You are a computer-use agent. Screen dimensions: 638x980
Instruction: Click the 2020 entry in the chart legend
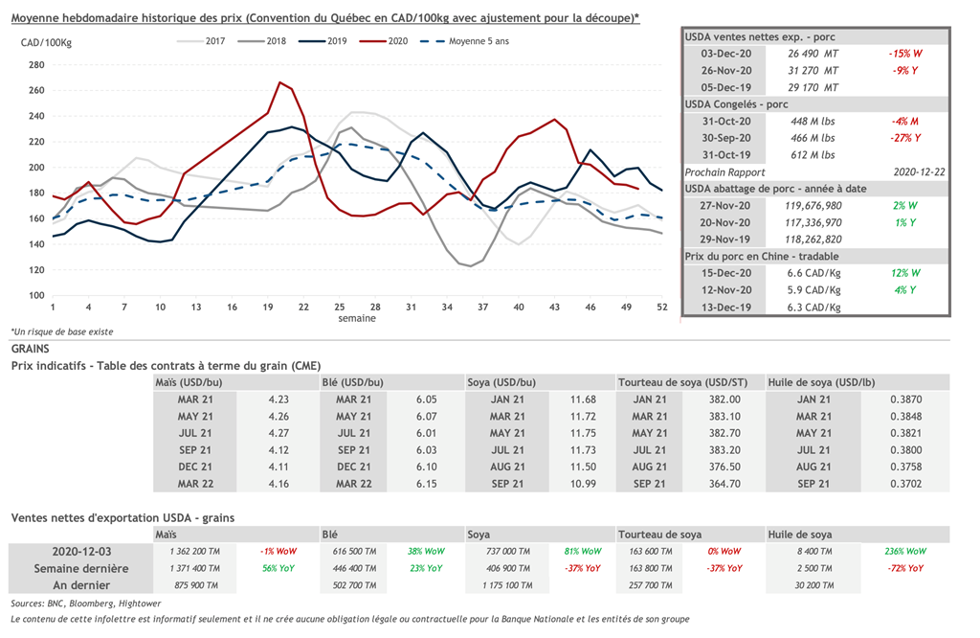tap(398, 41)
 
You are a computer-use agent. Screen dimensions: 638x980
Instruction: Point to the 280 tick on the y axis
tap(36, 65)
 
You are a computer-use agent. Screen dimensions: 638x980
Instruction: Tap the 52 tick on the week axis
tap(661, 307)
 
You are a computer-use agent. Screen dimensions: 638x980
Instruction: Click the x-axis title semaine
tap(356, 318)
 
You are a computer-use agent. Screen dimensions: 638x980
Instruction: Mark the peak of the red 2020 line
tap(279, 82)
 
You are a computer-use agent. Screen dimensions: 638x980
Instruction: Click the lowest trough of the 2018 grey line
tap(470, 265)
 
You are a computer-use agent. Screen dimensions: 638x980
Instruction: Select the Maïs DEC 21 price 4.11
tap(278, 467)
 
